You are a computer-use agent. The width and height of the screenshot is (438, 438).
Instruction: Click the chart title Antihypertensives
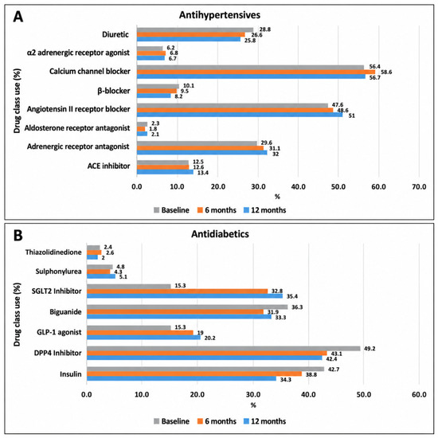pos(220,15)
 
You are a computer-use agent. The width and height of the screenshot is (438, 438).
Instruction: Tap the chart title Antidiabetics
pos(220,234)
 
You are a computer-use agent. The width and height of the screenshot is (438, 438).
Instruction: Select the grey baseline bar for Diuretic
pos(195,30)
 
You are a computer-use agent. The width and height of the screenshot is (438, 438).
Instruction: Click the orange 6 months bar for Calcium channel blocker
pos(256,72)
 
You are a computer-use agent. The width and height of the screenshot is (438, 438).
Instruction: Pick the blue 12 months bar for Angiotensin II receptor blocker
pos(240,115)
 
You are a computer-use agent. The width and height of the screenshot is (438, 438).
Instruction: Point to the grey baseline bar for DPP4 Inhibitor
pos(224,349)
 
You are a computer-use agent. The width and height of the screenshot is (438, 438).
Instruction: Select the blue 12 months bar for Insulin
pos(182,379)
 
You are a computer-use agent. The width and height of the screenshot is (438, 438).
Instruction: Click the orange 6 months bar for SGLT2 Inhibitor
pos(177,291)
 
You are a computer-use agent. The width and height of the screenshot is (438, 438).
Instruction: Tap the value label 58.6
pos(386,72)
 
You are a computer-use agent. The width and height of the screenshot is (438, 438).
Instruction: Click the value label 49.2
pos(370,349)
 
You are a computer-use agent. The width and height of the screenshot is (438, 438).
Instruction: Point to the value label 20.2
pos(209,338)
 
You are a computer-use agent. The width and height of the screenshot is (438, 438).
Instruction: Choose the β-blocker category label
pos(114,91)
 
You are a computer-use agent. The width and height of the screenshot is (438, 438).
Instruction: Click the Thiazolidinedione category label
pos(53,252)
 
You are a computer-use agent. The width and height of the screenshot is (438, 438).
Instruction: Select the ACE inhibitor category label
pos(108,166)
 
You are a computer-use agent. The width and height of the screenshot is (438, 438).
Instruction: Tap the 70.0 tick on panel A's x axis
pos(419,186)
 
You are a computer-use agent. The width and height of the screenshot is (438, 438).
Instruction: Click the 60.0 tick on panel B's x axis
pos(419,395)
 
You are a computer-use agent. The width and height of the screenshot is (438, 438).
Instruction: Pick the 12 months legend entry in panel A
pos(265,210)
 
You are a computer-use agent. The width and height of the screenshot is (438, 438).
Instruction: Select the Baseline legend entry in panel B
pos(171,421)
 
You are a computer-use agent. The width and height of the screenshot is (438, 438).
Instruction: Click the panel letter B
pos(18,235)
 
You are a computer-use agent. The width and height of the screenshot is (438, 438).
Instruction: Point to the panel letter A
pos(18,17)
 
